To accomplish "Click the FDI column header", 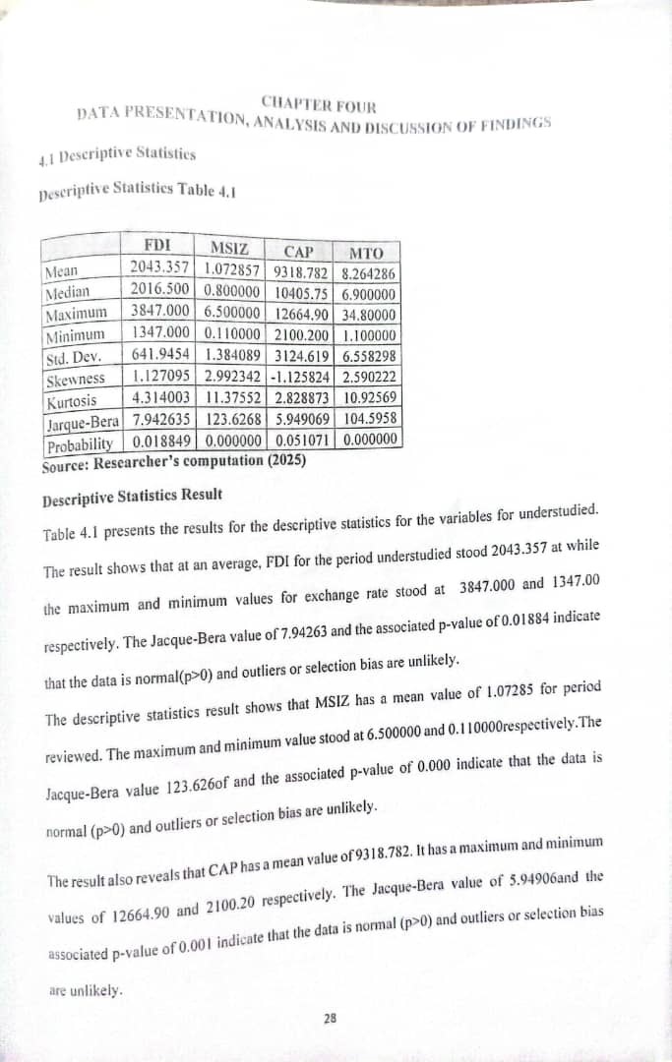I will [157, 245].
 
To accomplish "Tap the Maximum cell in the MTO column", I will [370, 316].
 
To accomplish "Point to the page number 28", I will [329, 1020].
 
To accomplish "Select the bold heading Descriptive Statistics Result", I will [133, 495].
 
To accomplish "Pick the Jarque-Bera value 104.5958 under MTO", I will [370, 421].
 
